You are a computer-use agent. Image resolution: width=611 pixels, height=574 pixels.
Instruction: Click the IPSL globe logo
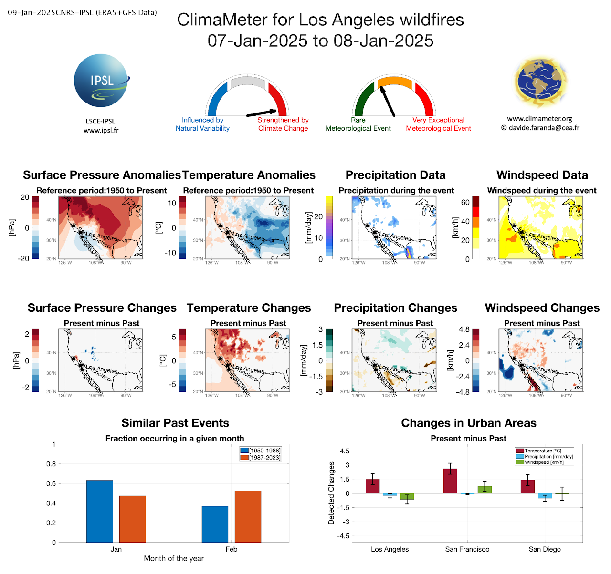(101, 80)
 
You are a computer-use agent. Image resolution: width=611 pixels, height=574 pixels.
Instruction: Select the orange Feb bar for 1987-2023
(248, 516)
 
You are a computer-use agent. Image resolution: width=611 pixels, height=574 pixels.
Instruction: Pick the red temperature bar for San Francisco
(450, 481)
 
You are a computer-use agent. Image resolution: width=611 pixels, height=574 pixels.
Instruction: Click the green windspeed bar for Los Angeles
(407, 496)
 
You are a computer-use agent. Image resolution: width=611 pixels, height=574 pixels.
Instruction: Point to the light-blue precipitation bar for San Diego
(545, 496)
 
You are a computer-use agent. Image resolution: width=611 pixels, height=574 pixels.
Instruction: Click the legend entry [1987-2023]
(264, 458)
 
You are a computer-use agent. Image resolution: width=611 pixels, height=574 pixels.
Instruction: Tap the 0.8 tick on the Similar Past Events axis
(51, 464)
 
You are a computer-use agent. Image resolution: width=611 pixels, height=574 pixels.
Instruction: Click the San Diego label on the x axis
(545, 549)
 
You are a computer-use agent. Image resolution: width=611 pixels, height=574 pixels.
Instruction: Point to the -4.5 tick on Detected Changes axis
(344, 536)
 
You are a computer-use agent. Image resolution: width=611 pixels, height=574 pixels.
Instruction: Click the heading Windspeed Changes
(542, 308)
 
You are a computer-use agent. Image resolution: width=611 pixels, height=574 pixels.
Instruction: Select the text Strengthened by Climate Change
(283, 124)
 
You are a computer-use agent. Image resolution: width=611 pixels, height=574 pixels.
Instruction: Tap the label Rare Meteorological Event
(358, 124)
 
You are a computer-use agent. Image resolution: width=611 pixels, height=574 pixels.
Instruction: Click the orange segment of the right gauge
(395, 82)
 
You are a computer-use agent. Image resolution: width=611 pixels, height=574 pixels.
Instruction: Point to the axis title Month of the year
(174, 558)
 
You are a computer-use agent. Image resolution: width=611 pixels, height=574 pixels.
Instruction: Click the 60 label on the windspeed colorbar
(465, 202)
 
